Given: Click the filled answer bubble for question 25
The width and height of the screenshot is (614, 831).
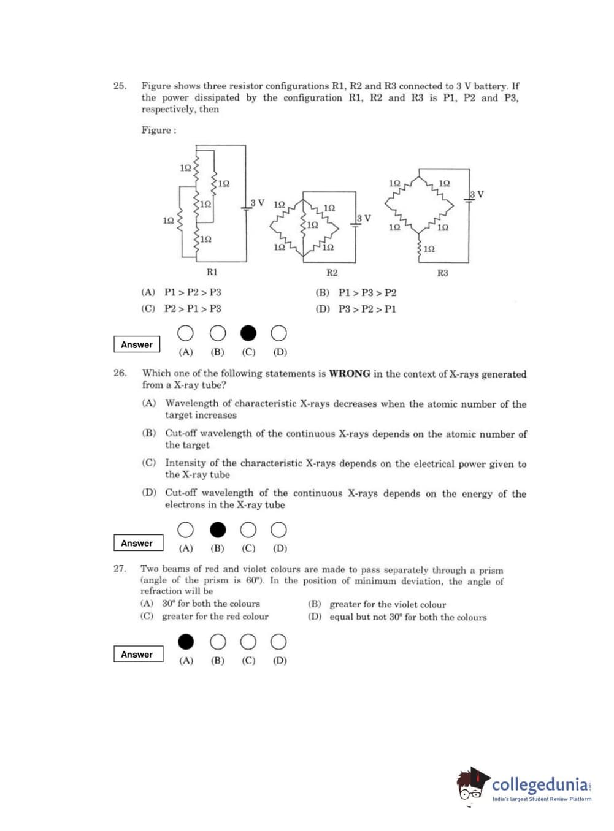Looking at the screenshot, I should [248, 333].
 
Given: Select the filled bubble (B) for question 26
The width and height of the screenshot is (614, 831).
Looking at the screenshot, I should [218, 529].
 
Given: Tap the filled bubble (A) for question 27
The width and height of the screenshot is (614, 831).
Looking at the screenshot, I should [186, 642].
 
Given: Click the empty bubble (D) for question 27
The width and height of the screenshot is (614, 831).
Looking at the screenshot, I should [279, 642].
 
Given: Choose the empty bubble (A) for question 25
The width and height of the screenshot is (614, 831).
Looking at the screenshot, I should [185, 333].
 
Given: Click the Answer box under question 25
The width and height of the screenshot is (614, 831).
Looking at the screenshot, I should [137, 344].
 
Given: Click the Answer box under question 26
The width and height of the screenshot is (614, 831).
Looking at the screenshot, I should [138, 543].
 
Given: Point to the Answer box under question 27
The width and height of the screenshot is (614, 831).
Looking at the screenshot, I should [138, 654].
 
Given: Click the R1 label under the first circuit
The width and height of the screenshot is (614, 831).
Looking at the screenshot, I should [212, 271].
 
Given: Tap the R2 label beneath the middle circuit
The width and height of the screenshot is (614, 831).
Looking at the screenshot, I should [332, 272].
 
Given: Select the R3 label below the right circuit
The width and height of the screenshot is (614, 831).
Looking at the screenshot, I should [442, 273].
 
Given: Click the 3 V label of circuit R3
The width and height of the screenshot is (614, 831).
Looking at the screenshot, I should [477, 194].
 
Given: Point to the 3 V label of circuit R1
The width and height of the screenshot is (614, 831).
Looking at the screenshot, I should [258, 203].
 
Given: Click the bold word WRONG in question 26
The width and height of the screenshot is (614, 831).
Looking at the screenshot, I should [350, 373].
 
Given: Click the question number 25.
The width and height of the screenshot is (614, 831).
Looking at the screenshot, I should [120, 86].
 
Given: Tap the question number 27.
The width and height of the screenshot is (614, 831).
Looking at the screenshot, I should [120, 569].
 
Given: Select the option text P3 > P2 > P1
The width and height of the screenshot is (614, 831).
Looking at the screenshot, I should [367, 309].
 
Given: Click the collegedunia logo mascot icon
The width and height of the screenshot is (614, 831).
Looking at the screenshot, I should [472, 784].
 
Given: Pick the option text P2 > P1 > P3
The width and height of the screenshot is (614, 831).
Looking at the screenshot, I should [193, 308].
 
